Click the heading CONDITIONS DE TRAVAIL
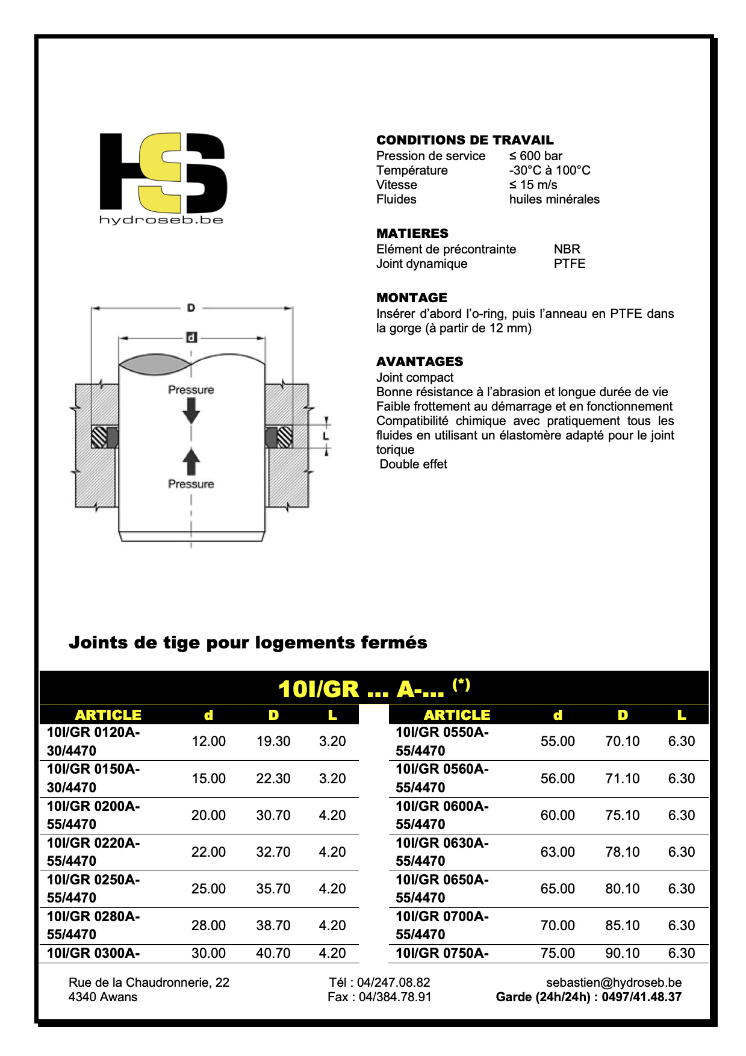click(464, 140)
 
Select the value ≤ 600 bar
click(535, 156)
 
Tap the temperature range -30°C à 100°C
click(549, 170)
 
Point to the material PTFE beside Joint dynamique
click(569, 264)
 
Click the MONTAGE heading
click(411, 297)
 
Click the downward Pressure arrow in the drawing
click(191, 411)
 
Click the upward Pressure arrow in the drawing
click(191, 461)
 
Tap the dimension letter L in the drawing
click(326, 435)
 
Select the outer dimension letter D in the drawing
click(191, 308)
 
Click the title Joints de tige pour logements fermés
click(247, 642)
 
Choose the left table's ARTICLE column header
click(108, 715)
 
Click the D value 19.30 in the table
click(273, 741)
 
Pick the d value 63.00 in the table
click(557, 852)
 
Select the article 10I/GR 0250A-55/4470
click(93, 889)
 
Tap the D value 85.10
click(622, 925)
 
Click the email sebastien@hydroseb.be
click(614, 982)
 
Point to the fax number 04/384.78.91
click(395, 997)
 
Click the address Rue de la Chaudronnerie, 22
click(149, 982)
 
